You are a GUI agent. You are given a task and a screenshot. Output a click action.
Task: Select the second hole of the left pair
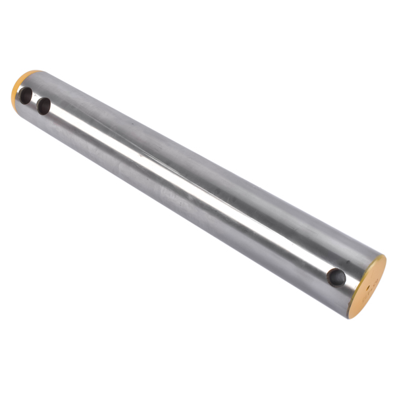coord(44,105)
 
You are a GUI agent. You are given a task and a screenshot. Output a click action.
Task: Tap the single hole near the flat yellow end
coord(337,277)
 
